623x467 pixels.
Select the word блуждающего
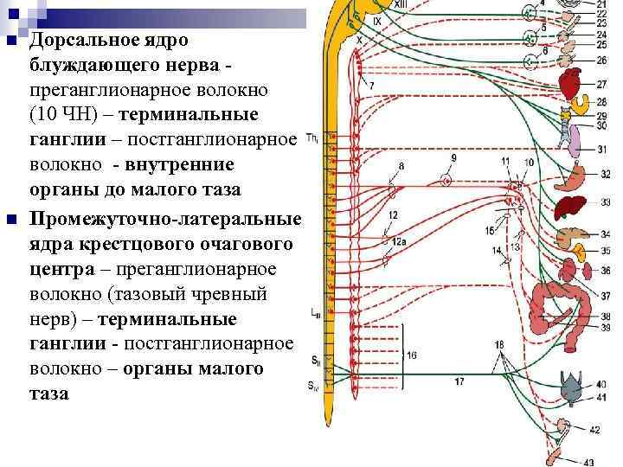(93, 65)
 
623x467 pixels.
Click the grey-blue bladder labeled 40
(572, 392)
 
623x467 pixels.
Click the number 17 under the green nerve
(459, 381)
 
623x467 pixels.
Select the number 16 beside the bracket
(412, 355)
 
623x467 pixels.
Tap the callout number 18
(499, 346)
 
